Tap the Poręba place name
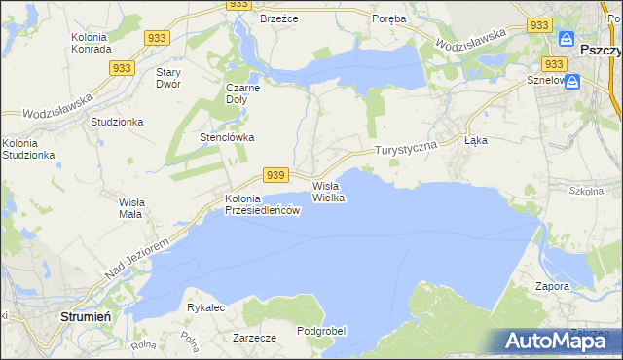click(389, 18)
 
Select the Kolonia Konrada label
click(94, 44)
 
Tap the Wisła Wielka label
click(328, 191)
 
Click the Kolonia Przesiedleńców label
click(258, 204)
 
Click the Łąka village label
click(476, 140)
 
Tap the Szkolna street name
click(587, 192)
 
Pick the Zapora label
click(552, 287)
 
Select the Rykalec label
click(205, 307)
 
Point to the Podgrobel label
click(321, 331)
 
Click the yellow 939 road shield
click(275, 174)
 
